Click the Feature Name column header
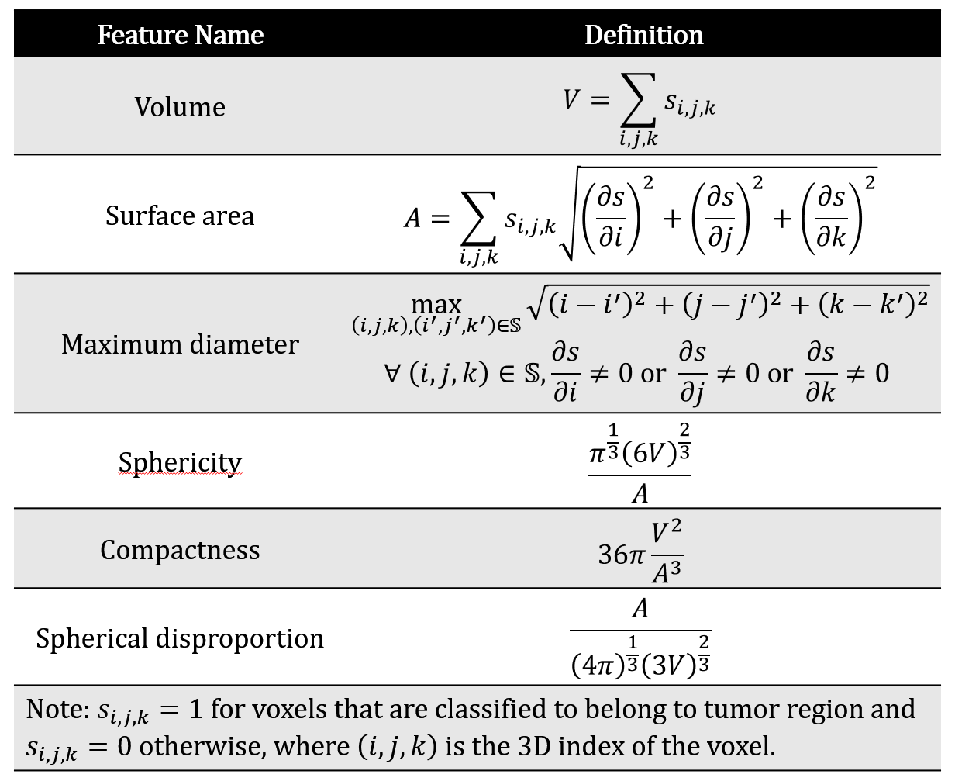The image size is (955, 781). (181, 35)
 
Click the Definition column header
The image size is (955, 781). (643, 35)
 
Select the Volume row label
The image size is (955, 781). (180, 106)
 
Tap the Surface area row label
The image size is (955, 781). (180, 215)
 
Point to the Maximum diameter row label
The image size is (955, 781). (180, 344)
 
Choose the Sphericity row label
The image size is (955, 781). (180, 461)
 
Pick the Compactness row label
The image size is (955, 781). (180, 549)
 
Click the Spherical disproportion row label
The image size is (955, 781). (180, 638)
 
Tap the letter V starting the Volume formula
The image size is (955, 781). (572, 100)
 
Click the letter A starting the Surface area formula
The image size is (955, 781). (412, 219)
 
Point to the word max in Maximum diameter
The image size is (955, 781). (436, 304)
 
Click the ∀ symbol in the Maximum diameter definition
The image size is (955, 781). (391, 375)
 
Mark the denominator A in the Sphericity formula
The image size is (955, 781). (640, 493)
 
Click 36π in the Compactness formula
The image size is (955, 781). (621, 555)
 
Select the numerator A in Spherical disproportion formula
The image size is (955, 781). (640, 609)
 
